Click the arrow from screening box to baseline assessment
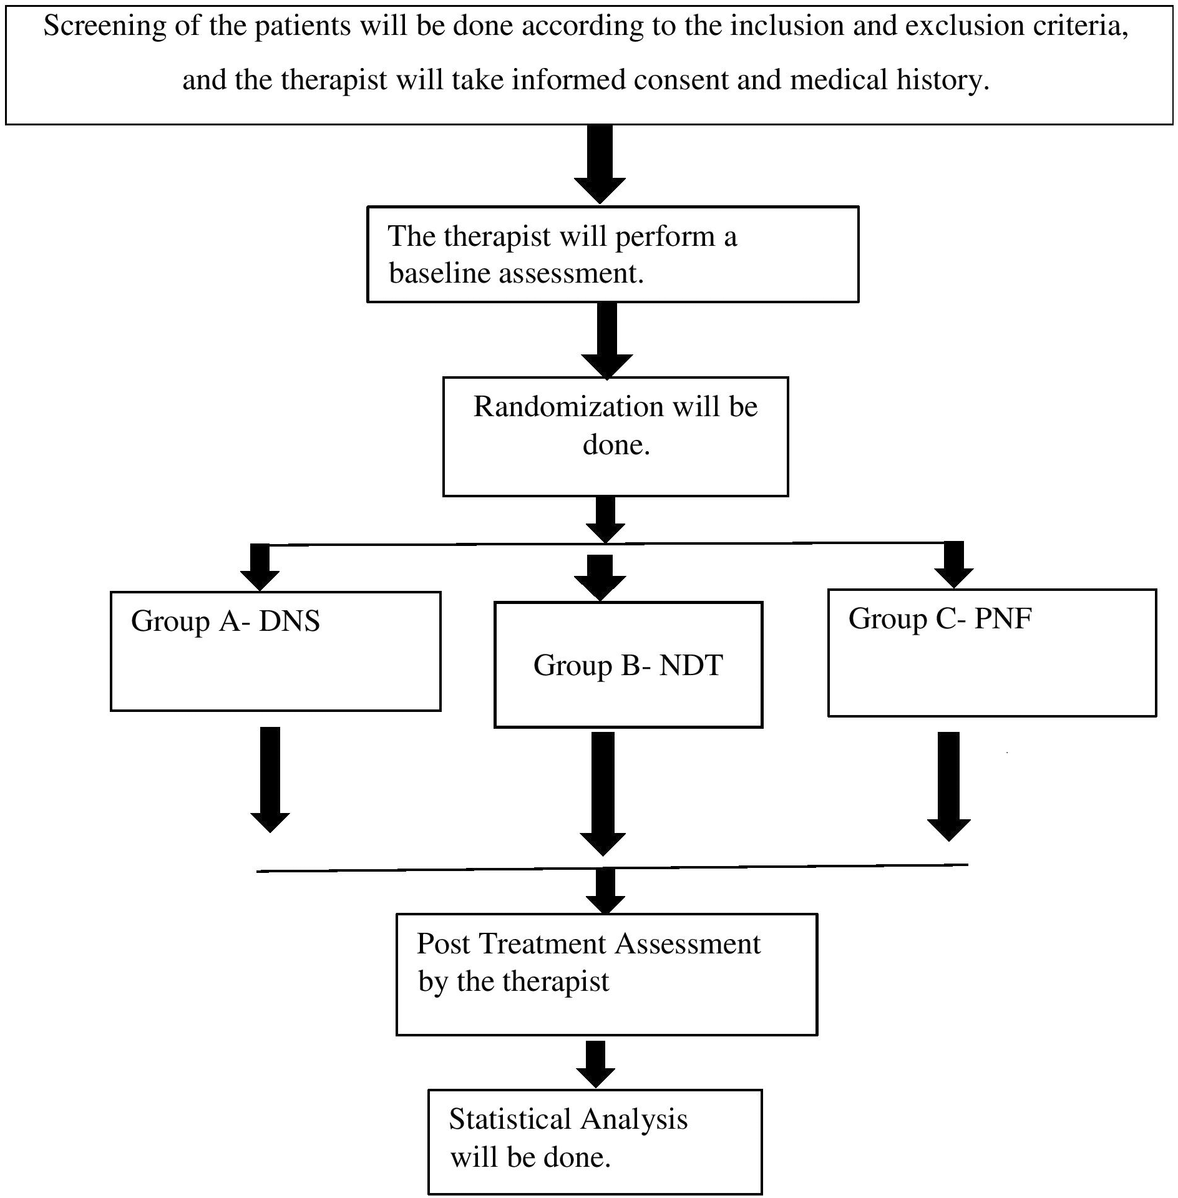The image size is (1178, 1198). [600, 164]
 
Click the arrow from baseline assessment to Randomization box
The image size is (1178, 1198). [607, 341]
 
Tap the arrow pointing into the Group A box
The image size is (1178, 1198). [260, 567]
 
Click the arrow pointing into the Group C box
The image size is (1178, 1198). [955, 565]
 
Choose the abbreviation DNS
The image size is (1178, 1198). [290, 621]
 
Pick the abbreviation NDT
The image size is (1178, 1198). [691, 666]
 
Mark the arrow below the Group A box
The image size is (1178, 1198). [270, 779]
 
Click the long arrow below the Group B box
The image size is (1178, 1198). [603, 794]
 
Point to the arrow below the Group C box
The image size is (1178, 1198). [949, 786]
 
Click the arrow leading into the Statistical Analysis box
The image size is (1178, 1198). [596, 1064]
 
